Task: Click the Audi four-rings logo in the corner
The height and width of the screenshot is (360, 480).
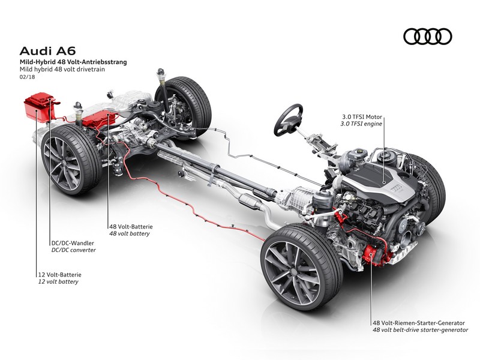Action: coord(427,37)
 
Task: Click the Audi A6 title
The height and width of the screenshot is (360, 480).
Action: coord(47,50)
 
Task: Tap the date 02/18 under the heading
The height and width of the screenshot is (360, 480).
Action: coord(27,77)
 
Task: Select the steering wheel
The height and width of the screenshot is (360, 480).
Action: coord(288,119)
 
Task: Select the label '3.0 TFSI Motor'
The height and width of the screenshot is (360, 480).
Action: coord(362,116)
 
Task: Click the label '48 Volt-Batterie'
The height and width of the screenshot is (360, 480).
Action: coord(131,227)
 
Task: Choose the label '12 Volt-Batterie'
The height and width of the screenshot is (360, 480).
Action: coord(59,275)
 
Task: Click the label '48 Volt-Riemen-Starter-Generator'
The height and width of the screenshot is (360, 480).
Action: coord(419,323)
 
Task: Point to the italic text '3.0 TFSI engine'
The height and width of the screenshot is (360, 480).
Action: coord(362,124)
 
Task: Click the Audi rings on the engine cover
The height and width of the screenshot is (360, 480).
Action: coord(397,188)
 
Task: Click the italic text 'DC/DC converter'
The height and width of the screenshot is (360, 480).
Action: coord(73,250)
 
